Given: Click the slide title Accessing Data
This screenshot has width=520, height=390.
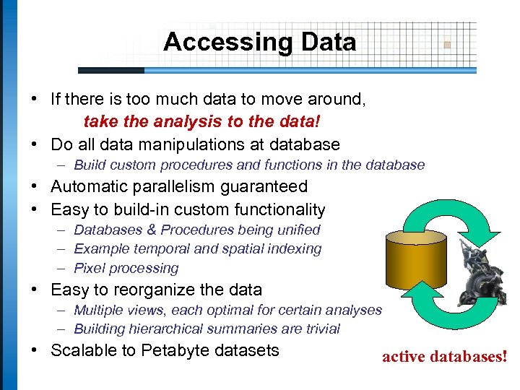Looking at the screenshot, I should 259,42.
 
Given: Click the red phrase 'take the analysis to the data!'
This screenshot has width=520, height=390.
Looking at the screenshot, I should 202,121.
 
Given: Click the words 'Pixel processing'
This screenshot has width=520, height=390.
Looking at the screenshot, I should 126,268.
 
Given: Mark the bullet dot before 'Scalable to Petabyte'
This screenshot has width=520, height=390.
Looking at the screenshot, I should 35,352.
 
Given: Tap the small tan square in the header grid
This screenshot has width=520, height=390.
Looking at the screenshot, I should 447,44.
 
